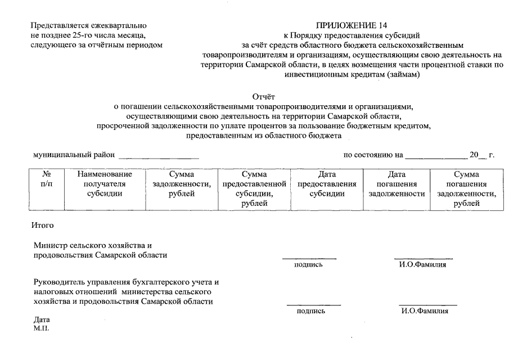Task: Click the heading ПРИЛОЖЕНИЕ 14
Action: [x=352, y=25]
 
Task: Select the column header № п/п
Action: [x=47, y=179]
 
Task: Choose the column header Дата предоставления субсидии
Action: [x=327, y=184]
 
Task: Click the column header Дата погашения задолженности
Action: [x=397, y=184]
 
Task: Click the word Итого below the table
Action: [x=43, y=226]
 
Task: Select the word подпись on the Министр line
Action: [x=308, y=264]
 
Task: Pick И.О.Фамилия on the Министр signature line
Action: [x=422, y=264]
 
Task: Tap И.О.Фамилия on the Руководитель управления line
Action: [x=425, y=310]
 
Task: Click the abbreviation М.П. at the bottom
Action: [x=41, y=328]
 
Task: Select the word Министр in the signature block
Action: [x=51, y=246]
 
